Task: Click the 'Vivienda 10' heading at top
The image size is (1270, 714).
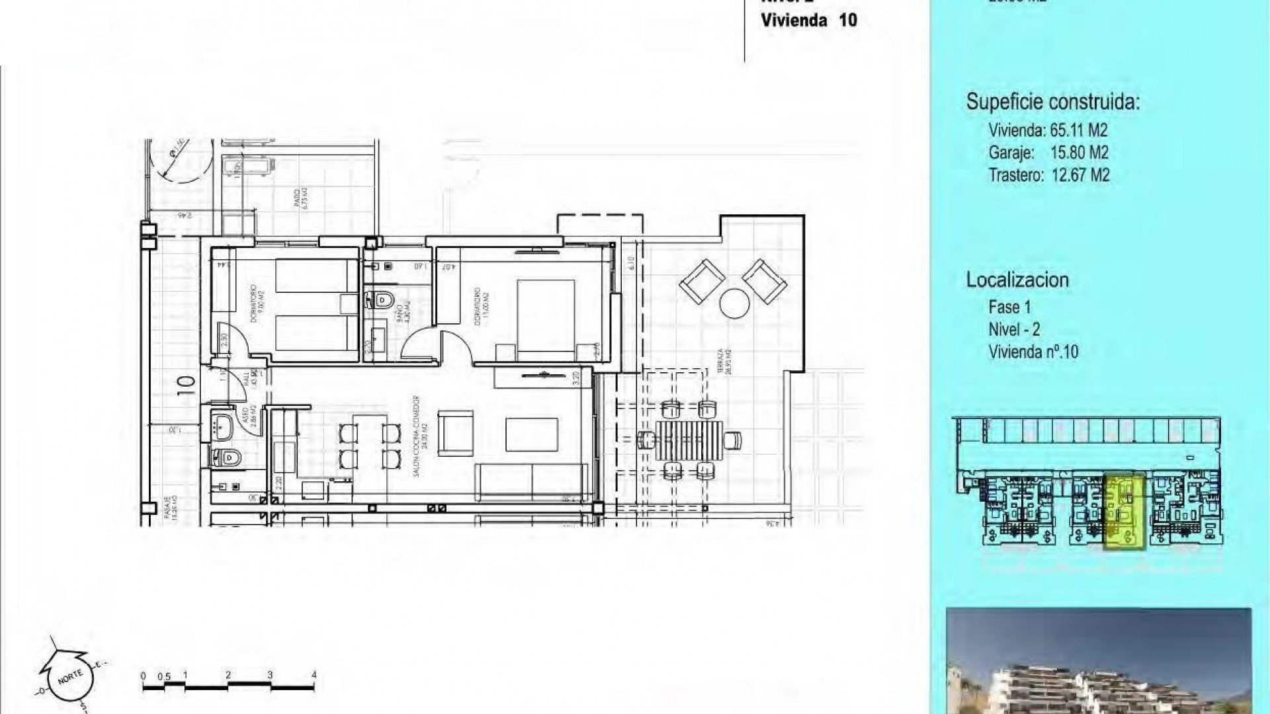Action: tap(808, 20)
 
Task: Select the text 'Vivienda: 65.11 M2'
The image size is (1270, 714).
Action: tap(1047, 130)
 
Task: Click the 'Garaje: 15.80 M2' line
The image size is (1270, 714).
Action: tap(1048, 153)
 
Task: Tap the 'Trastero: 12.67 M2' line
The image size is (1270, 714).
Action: tap(1048, 175)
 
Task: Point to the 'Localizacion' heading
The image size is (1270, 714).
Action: tap(1017, 280)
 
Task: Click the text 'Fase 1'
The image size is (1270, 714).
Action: tap(1009, 307)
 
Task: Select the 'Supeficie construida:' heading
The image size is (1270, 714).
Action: tap(1053, 102)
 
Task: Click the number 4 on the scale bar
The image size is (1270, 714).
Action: tap(314, 675)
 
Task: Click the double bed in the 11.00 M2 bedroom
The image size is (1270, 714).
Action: tap(545, 316)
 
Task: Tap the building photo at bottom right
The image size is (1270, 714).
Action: tap(1098, 661)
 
